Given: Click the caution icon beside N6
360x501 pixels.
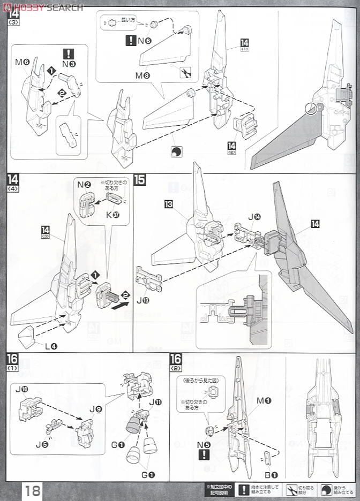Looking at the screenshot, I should (131, 40).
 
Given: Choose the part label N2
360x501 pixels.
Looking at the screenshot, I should (83, 185).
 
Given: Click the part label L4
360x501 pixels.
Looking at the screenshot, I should (51, 346).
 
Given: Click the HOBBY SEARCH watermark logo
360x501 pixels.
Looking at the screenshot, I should (43, 7).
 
